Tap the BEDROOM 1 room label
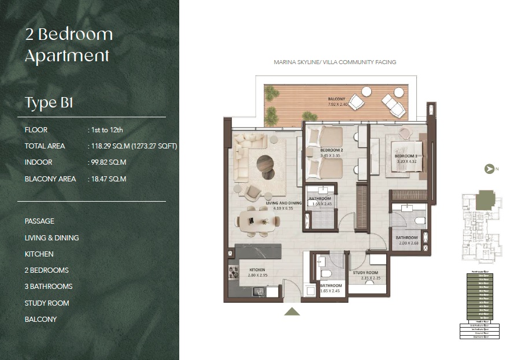tap(405, 157)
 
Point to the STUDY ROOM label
tap(365, 273)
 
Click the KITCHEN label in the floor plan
tap(257, 270)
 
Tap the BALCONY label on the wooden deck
tap(337, 99)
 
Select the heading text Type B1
tap(49, 103)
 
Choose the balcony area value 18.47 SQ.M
tap(108, 179)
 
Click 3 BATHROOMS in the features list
tap(49, 287)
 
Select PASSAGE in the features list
tap(39, 221)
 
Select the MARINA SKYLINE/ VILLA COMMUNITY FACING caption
tap(335, 62)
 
